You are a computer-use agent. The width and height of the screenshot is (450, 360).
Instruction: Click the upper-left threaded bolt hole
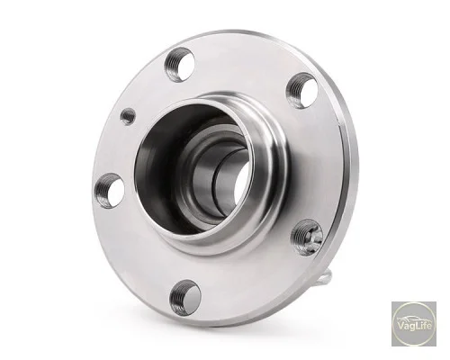tap(179, 64)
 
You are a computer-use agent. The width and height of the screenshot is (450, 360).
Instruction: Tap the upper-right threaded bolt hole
tap(301, 90)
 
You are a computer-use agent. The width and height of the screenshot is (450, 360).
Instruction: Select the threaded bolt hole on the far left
tap(110, 191)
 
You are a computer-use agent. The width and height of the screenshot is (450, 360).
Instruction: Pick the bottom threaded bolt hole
tap(185, 297)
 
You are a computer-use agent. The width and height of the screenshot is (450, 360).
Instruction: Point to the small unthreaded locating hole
tap(128, 116)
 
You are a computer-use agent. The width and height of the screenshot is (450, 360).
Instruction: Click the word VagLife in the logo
tap(414, 326)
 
